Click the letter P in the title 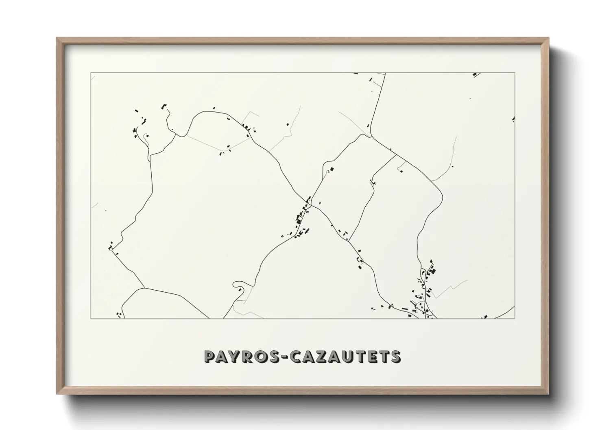click(210, 356)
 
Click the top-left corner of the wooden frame click(57, 38)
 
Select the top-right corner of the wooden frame click(548, 38)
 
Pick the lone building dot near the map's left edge click(106, 211)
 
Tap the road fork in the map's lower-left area click(144, 288)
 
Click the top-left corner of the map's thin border click(91, 73)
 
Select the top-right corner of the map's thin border click(515, 73)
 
